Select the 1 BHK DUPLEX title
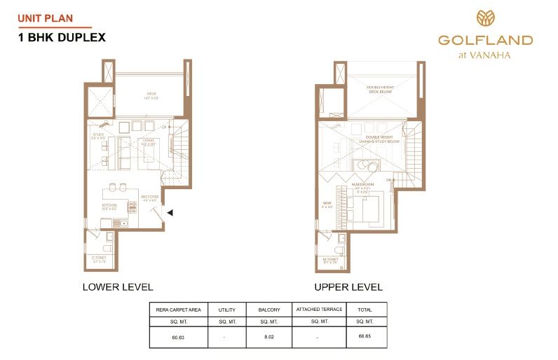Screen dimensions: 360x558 61,37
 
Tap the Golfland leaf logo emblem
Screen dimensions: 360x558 485,18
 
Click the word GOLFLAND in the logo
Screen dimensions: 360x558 485,40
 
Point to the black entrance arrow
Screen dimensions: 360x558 170,213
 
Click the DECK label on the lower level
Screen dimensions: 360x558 151,95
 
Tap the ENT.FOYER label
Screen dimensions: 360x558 149,198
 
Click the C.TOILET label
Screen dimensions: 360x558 99,259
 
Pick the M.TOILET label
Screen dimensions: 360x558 331,259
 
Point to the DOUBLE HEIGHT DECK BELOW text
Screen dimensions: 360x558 383,89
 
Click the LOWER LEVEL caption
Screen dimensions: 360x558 118,287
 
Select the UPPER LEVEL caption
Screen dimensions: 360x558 348,287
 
